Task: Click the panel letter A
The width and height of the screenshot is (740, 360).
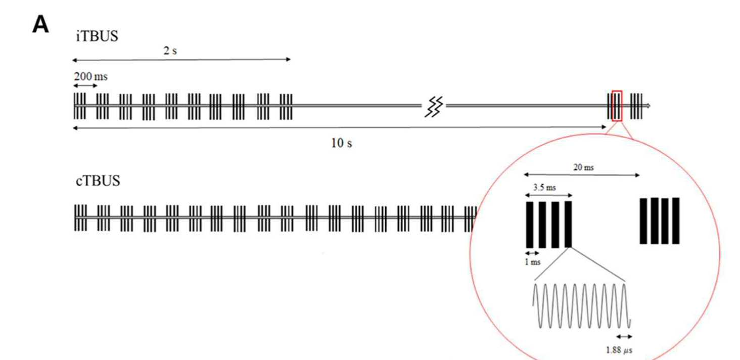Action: click(40, 25)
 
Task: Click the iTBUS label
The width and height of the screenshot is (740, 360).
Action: click(97, 36)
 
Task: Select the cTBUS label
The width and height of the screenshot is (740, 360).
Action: click(98, 181)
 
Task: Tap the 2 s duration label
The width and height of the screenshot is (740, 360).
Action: click(170, 51)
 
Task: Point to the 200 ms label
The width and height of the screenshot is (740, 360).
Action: click(91, 76)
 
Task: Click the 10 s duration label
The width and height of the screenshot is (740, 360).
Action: click(342, 143)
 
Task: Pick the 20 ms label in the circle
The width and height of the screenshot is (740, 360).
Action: click(583, 167)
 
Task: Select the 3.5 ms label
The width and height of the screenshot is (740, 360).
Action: click(544, 188)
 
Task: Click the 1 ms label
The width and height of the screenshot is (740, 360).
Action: click(533, 262)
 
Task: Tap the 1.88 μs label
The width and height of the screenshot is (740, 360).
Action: click(619, 350)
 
